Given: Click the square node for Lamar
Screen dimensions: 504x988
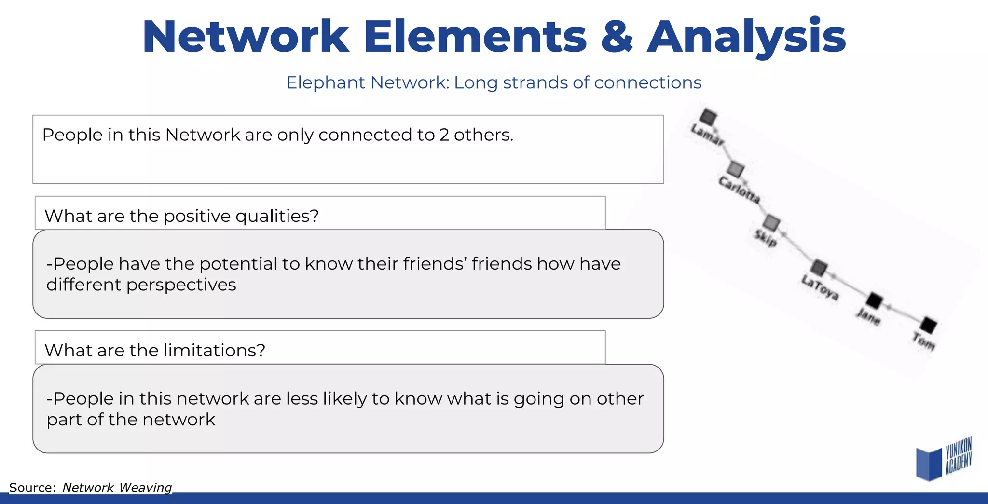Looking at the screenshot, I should pos(708,117).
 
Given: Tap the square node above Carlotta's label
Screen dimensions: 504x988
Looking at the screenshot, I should pos(736,169).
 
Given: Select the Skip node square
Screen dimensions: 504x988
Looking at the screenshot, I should pos(771,222).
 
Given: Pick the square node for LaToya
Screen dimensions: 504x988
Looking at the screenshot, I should pos(819,267).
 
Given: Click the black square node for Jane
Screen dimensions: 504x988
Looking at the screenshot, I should pos(874,301).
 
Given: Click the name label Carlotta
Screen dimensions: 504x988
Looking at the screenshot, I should pos(739,190).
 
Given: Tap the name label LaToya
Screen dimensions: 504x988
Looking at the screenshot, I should pos(820,287).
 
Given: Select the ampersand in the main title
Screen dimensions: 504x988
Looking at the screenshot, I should pos(617,37).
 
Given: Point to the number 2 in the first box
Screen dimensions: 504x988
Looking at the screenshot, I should pos(444,135).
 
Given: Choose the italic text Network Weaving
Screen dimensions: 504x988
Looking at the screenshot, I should pos(117,488).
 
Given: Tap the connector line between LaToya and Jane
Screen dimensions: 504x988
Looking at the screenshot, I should pos(847,285).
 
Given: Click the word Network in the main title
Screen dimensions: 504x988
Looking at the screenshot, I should pos(246,37).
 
